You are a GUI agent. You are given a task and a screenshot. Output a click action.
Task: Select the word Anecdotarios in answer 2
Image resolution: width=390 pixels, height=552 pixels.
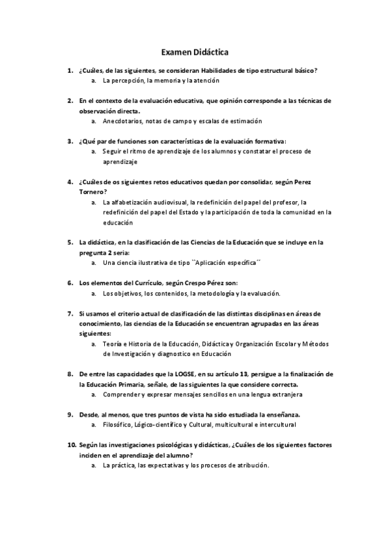point(122,120)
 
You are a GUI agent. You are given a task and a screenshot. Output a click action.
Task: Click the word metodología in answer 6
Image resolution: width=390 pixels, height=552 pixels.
point(221,293)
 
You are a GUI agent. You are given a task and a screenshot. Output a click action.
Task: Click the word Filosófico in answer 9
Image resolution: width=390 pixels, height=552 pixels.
point(117,424)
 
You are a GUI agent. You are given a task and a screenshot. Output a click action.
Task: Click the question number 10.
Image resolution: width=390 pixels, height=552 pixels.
point(72,445)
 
